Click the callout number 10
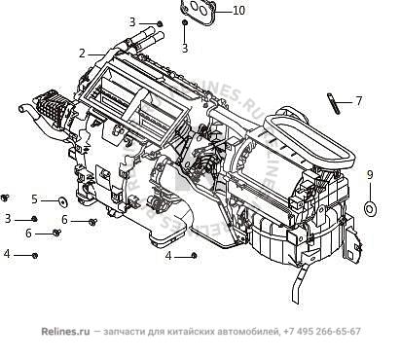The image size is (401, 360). pyautogui.click(x=238, y=11)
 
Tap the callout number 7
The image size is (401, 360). pyautogui.click(x=358, y=101)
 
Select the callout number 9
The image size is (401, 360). pyautogui.click(x=370, y=175)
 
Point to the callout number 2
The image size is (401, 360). pyautogui.click(x=82, y=54)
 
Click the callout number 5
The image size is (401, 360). pyautogui.click(x=35, y=199)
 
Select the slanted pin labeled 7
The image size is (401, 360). pyautogui.click(x=333, y=104)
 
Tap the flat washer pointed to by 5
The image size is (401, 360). pyautogui.click(x=63, y=202)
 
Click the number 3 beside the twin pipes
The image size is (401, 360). pyautogui.click(x=132, y=22)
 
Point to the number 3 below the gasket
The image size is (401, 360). pyautogui.click(x=185, y=49)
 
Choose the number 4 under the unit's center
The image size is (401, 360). pyautogui.click(x=168, y=256)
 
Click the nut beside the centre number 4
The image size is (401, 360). pyautogui.click(x=194, y=256)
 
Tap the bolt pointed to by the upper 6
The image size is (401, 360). pyautogui.click(x=93, y=222)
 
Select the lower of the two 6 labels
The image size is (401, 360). pyautogui.click(x=28, y=234)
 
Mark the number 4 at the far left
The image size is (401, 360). pyautogui.click(x=7, y=254)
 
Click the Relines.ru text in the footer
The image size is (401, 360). pyautogui.click(x=65, y=332)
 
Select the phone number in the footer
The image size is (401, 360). pyautogui.click(x=322, y=332)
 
